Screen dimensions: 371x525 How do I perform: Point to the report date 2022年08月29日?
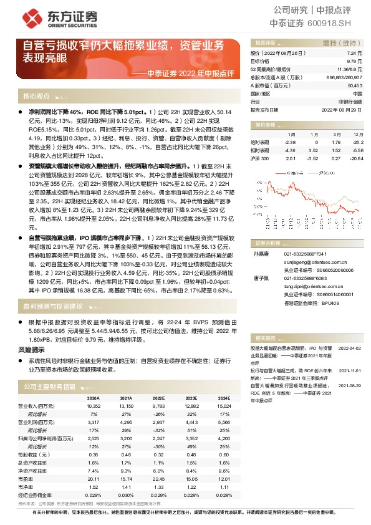click(x=342, y=108)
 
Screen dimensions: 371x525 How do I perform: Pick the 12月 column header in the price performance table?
click(x=356, y=134)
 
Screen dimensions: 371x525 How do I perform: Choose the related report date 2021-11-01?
click(x=350, y=369)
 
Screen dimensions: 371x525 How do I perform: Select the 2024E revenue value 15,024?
click(x=223, y=406)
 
